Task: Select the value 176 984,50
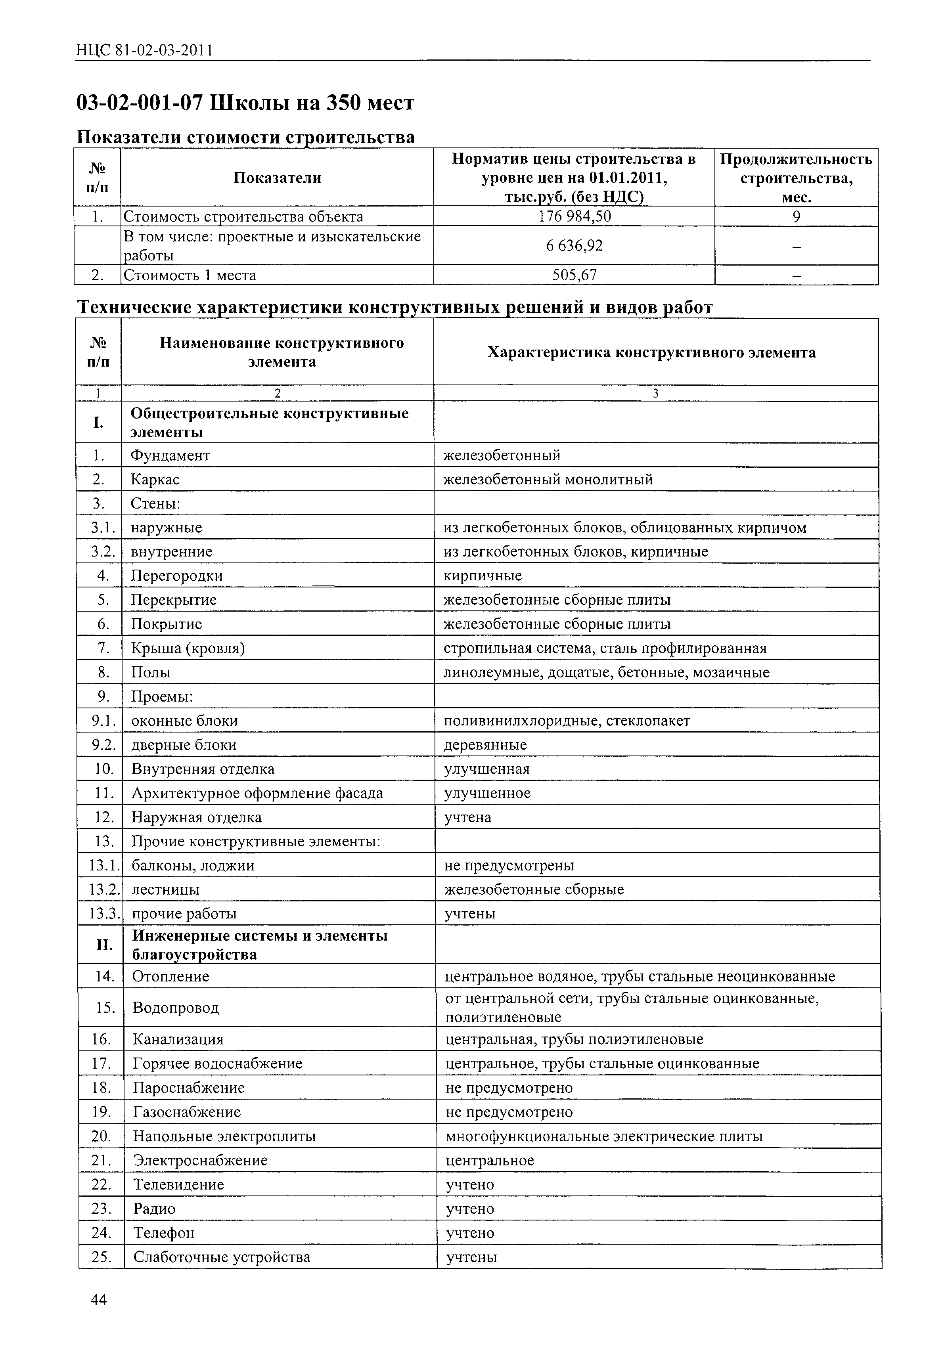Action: [574, 216]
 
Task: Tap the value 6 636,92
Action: [574, 245]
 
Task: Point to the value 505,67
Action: [574, 275]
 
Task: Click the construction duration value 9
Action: [796, 216]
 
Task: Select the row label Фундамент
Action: [170, 455]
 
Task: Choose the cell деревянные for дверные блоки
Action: [485, 745]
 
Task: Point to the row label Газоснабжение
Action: [187, 1112]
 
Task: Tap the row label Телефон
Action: [164, 1233]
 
